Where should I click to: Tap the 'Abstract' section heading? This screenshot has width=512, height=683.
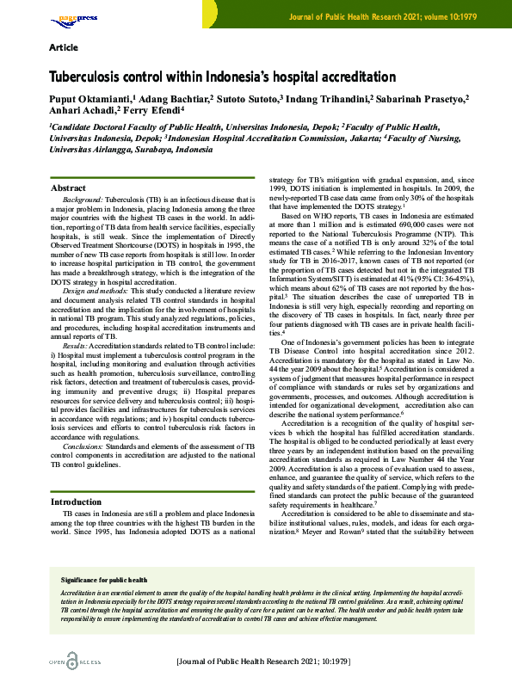[69, 188]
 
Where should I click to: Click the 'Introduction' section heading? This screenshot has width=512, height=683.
[77, 501]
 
